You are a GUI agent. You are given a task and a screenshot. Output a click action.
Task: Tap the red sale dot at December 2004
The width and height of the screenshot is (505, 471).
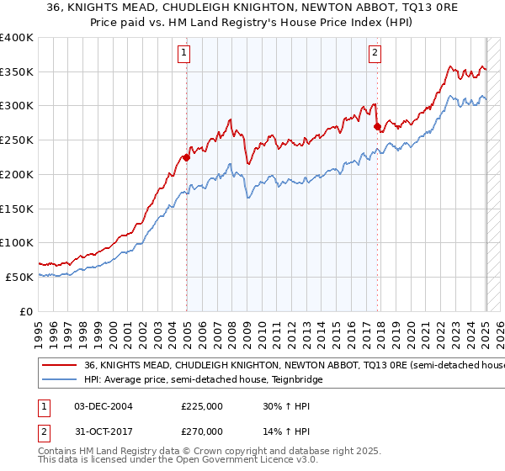tap(186, 156)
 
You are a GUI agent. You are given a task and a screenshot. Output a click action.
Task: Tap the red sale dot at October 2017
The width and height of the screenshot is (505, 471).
tap(377, 126)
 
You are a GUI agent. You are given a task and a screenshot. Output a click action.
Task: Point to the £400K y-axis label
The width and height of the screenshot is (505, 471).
tap(17, 38)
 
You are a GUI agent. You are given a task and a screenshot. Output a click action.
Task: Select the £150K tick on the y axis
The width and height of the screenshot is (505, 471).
tap(17, 209)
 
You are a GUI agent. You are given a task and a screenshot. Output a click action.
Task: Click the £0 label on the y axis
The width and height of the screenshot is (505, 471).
tap(27, 311)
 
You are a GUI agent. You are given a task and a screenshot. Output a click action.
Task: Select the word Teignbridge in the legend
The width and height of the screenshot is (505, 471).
tap(295, 380)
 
